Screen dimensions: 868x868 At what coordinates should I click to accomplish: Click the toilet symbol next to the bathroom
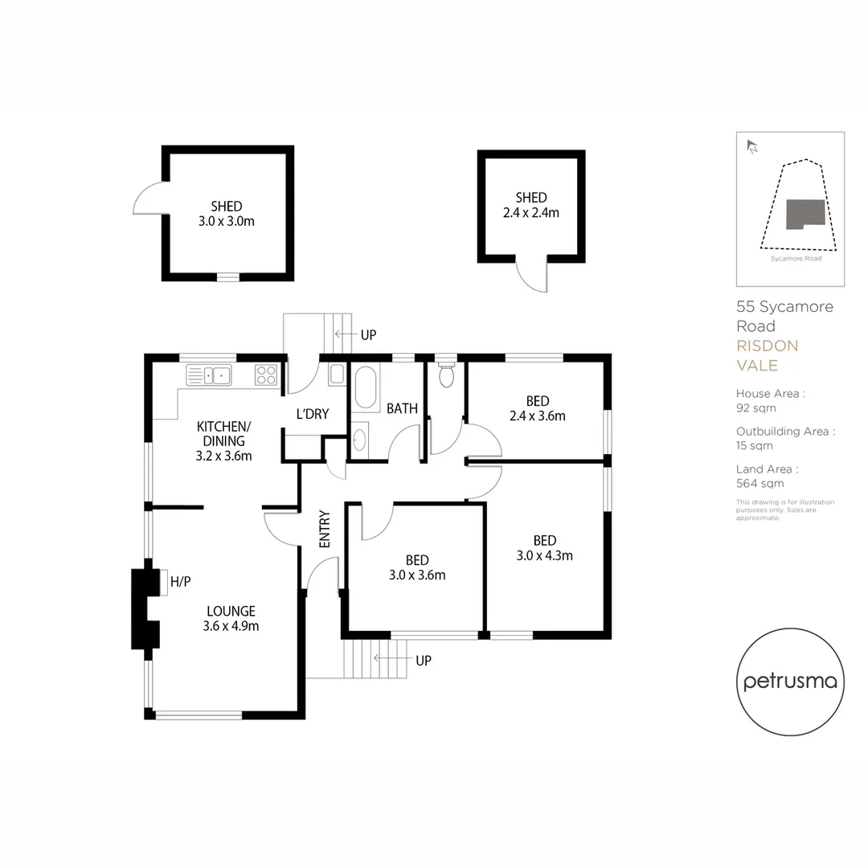(x=446, y=375)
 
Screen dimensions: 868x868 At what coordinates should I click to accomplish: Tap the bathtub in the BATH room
(x=366, y=388)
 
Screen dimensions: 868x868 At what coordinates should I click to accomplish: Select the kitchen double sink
(x=209, y=375)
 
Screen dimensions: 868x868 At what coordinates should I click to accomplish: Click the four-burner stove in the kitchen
(x=266, y=375)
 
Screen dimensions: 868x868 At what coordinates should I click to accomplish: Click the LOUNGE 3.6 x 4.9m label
(x=230, y=618)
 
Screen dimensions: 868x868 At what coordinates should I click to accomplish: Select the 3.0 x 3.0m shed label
(x=227, y=214)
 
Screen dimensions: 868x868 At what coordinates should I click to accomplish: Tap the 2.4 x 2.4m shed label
(x=531, y=205)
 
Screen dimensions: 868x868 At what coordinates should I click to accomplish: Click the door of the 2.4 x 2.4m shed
(x=533, y=276)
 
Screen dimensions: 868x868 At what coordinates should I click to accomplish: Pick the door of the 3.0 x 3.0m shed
(x=148, y=198)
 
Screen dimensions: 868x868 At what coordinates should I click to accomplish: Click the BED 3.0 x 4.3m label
(x=545, y=547)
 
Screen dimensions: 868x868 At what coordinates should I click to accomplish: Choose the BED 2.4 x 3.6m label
(x=538, y=408)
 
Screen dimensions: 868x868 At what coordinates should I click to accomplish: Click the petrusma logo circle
(x=790, y=682)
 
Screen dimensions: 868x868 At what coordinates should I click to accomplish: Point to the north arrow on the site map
(x=752, y=146)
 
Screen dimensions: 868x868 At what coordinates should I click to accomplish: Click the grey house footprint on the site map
(x=805, y=215)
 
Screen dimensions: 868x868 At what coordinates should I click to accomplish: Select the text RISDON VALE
(x=768, y=355)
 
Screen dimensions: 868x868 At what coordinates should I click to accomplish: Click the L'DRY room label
(x=312, y=414)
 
